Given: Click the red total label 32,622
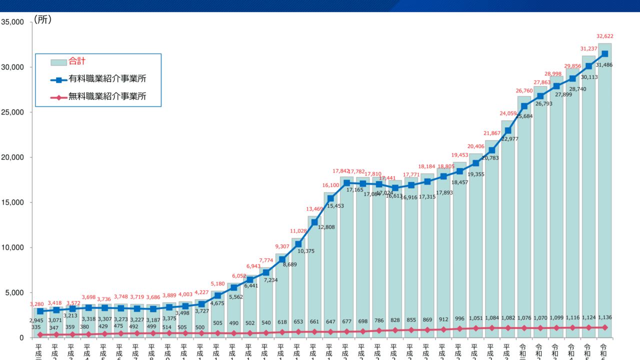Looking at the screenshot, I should point(604,36).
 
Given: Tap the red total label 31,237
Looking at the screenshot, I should point(588,48).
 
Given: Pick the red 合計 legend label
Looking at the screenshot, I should point(77,61).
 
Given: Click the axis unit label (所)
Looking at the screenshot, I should point(42,20).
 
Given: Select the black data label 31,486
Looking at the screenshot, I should point(604,65).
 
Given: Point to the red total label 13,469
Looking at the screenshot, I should point(314,209).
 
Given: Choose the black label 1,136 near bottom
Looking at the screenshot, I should point(604,317).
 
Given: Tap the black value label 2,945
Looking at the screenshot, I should point(36,320).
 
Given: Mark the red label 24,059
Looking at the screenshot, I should point(507,113).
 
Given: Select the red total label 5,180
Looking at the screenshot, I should point(217,284).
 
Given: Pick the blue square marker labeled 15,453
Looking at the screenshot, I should point(330,198).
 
